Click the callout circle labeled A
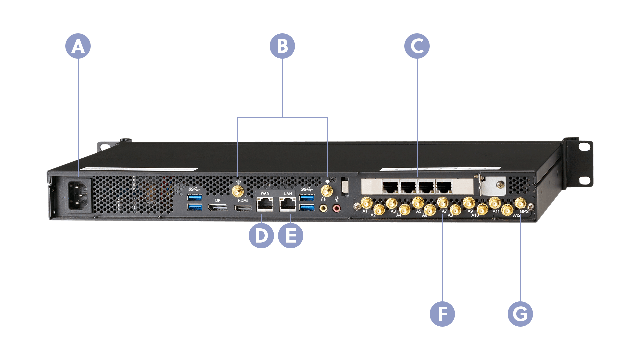pos(78,46)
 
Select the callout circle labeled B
pos(282,46)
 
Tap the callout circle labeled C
pos(417,46)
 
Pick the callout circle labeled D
pos(261,236)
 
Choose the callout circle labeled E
pos(291,236)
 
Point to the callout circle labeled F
pos(442,314)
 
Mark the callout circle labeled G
pos(520,314)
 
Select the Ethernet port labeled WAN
pos(265,204)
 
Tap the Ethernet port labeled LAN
pos(288,204)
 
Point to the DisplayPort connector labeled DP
pos(218,208)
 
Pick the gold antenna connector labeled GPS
pos(520,203)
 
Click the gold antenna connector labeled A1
pos(367,202)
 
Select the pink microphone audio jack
pos(337,209)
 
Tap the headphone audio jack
pos(323,208)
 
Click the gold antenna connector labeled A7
pos(443,202)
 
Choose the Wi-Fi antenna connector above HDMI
pos(238,192)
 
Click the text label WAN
pos(265,193)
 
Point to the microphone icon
pos(337,199)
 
